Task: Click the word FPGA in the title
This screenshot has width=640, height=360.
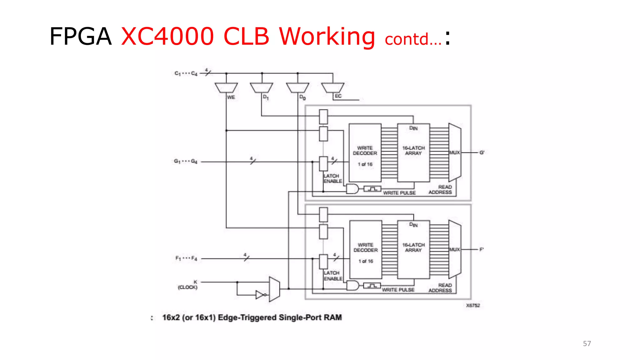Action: pyautogui.click(x=80, y=37)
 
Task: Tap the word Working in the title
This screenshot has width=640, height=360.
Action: pyautogui.click(x=327, y=37)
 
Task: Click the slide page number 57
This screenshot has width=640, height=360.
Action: pyautogui.click(x=587, y=343)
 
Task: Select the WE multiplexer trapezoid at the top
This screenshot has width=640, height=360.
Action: pyautogui.click(x=226, y=87)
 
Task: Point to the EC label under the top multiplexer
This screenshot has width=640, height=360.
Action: pyautogui.click(x=338, y=96)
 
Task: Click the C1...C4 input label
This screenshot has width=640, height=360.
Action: pyautogui.click(x=186, y=73)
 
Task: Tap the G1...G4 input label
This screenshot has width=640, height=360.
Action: pyautogui.click(x=186, y=161)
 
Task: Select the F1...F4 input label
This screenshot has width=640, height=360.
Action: pyautogui.click(x=186, y=258)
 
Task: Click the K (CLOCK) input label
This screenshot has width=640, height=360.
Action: pyautogui.click(x=188, y=285)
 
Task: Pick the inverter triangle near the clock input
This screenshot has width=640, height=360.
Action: pyautogui.click(x=260, y=295)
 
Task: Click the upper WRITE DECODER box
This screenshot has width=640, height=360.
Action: pyautogui.click(x=365, y=153)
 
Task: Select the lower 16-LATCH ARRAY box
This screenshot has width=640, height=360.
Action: pyautogui.click(x=413, y=249)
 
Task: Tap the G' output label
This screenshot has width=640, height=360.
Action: pyautogui.click(x=482, y=152)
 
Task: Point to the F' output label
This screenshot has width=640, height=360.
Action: pyautogui.click(x=482, y=249)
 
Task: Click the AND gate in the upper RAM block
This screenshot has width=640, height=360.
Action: pyautogui.click(x=352, y=189)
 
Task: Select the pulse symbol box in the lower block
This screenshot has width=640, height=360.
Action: pyautogui.click(x=372, y=286)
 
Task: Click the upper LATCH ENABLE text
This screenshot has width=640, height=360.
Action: pyautogui.click(x=332, y=178)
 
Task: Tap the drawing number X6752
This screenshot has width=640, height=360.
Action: pyautogui.click(x=473, y=305)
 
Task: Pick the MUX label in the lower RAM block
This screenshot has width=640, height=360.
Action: pyautogui.click(x=454, y=249)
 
